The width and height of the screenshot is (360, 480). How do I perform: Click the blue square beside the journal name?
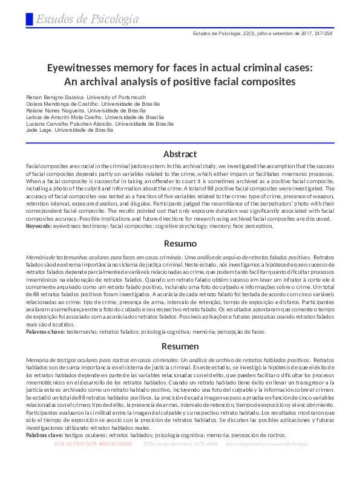(29, 19)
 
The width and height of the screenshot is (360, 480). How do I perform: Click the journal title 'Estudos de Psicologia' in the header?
(87, 19)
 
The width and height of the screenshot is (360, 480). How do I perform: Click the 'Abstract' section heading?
(180, 154)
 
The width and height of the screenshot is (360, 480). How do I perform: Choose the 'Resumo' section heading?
(180, 244)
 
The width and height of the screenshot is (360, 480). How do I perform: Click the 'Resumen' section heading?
(180, 346)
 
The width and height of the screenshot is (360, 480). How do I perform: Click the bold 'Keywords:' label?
(39, 226)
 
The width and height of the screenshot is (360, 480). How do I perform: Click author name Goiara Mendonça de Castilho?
(61, 104)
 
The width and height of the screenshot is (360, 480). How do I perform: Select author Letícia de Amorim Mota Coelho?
(65, 117)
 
